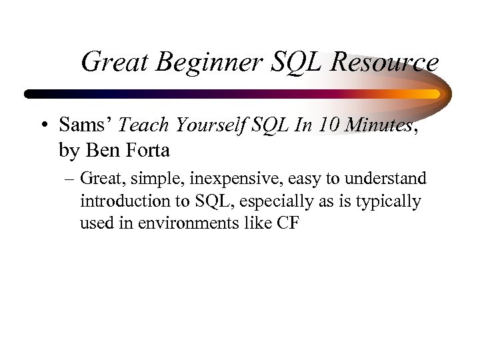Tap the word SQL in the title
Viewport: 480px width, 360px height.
(x=297, y=63)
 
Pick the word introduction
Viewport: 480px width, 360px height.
(x=121, y=201)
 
